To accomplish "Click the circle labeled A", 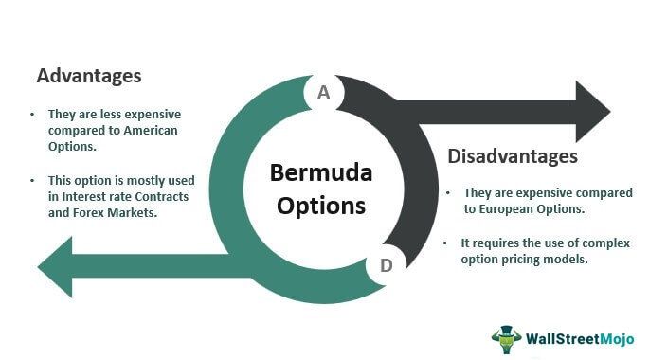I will (x=324, y=92).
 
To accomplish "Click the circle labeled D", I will (x=386, y=265).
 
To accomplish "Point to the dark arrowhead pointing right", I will (x=592, y=112).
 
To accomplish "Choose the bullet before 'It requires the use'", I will (x=445, y=243).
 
